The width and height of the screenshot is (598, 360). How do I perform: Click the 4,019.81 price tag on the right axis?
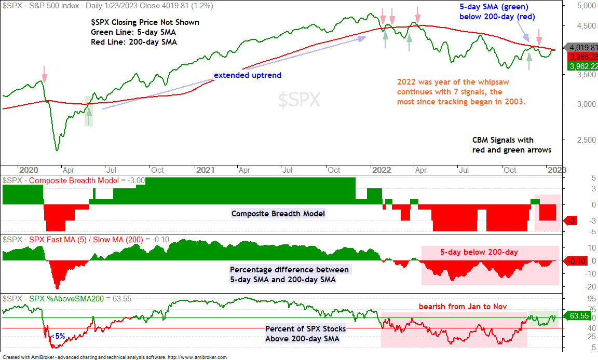[x=582, y=48]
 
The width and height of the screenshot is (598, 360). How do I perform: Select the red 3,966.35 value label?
[x=583, y=57]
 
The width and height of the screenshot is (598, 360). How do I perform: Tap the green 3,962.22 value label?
[x=583, y=66]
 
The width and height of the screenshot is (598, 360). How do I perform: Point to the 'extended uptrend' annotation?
[x=248, y=75]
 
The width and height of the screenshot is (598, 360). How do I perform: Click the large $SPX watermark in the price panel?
[x=299, y=100]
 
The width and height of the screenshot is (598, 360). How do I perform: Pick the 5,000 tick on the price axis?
[x=586, y=6]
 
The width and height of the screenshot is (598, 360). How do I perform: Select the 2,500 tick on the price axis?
[x=586, y=140]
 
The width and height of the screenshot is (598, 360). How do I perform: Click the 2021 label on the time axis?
[x=205, y=170]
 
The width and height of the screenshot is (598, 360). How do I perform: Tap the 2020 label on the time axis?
[x=29, y=170]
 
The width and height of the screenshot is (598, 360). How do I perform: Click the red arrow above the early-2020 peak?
[x=44, y=74]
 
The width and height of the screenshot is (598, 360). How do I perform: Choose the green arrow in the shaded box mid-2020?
[x=89, y=116]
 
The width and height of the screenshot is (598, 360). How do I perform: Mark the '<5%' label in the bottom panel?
[x=58, y=336]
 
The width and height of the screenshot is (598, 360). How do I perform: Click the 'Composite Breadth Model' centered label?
[x=278, y=214]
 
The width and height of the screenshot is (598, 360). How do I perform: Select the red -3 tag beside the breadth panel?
[x=570, y=220]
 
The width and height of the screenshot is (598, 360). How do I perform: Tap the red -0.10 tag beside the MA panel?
[x=575, y=261]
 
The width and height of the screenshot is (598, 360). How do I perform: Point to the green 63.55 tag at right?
[x=577, y=316]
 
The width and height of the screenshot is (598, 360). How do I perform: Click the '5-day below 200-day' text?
[x=479, y=252]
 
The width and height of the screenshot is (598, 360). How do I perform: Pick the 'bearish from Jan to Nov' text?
[x=463, y=306]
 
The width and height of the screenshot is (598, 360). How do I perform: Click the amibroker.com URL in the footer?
[x=197, y=357]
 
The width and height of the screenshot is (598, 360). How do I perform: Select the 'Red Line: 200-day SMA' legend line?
[x=134, y=42]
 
